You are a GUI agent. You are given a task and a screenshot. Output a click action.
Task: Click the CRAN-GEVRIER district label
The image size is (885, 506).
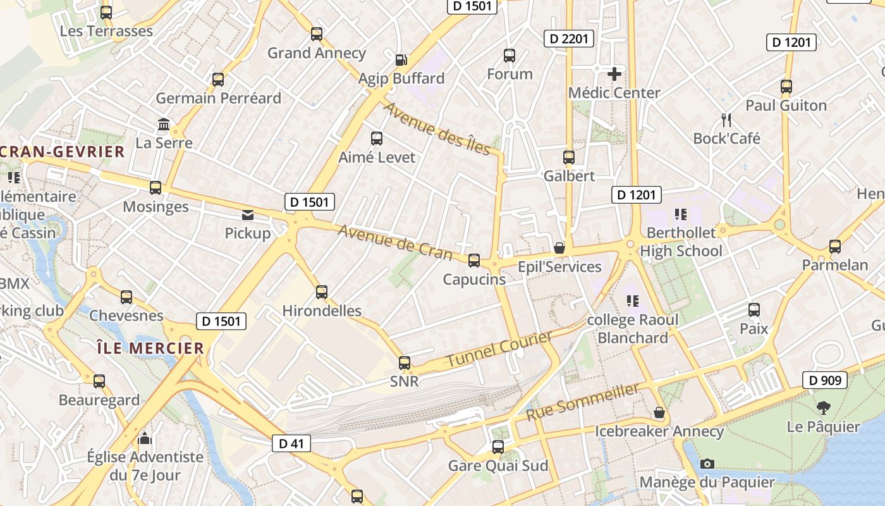(x=63, y=152)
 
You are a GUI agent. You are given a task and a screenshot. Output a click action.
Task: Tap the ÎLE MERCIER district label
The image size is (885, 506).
(x=150, y=348)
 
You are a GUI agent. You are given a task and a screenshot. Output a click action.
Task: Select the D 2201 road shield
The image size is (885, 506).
(x=568, y=39)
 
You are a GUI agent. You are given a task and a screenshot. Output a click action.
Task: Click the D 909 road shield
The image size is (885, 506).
(x=825, y=380)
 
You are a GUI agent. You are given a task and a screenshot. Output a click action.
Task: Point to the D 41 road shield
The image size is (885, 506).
(x=291, y=443)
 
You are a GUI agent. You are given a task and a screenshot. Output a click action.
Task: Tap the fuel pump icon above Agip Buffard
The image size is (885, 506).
(x=401, y=60)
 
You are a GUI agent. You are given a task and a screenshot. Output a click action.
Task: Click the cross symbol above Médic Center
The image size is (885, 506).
(x=614, y=74)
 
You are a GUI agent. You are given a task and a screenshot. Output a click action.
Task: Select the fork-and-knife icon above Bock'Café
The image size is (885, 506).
(x=726, y=120)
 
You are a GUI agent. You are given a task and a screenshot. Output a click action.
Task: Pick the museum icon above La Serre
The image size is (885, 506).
(x=164, y=124)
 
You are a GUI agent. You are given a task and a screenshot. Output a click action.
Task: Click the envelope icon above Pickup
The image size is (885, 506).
(x=248, y=215)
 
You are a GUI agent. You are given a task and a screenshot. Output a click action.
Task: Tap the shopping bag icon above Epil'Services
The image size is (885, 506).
(x=559, y=248)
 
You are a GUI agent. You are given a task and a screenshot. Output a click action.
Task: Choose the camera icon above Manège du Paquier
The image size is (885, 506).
(x=707, y=464)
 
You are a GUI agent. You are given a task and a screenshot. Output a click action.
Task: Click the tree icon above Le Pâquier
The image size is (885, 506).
(x=823, y=408)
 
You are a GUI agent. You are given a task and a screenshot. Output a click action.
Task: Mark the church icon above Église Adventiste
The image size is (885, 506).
(x=145, y=438)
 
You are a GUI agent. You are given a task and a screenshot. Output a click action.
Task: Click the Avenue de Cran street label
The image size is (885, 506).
(x=395, y=242)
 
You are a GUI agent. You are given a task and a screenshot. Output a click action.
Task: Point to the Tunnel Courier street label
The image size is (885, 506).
(x=499, y=349)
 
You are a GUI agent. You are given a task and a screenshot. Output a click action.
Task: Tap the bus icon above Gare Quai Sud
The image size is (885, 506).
(x=498, y=447)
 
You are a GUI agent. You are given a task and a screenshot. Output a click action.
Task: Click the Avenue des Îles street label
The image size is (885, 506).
(x=437, y=128)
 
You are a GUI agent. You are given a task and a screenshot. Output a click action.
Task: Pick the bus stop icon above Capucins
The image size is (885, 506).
(x=474, y=261)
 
